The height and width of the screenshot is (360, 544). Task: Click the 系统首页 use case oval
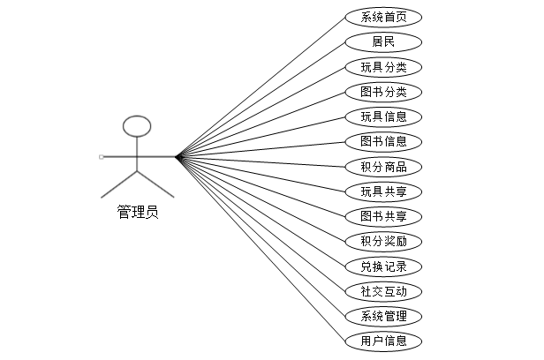click(383, 17)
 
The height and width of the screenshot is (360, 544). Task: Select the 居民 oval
click(383, 41)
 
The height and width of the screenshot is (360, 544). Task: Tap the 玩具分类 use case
click(383, 67)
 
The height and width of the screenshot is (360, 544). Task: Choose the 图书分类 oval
click(383, 92)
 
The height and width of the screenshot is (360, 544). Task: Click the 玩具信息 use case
click(383, 116)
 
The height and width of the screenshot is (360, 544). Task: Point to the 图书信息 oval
click(383, 141)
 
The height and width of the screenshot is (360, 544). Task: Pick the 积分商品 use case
click(383, 167)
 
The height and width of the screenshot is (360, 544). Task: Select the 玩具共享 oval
click(383, 191)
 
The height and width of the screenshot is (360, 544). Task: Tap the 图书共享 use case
click(383, 216)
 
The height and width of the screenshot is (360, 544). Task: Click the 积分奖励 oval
click(383, 241)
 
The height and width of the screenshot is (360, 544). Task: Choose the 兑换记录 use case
click(383, 266)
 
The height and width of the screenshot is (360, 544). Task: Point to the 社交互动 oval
click(383, 291)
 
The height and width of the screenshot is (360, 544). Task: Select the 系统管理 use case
click(383, 316)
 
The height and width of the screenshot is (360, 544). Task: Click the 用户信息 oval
click(383, 341)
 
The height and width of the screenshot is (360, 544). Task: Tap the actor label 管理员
click(138, 212)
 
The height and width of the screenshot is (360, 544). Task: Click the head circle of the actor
click(138, 126)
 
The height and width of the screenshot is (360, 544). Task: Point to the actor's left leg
click(119, 184)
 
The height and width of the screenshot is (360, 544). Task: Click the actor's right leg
click(156, 184)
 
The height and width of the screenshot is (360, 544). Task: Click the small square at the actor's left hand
click(102, 157)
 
